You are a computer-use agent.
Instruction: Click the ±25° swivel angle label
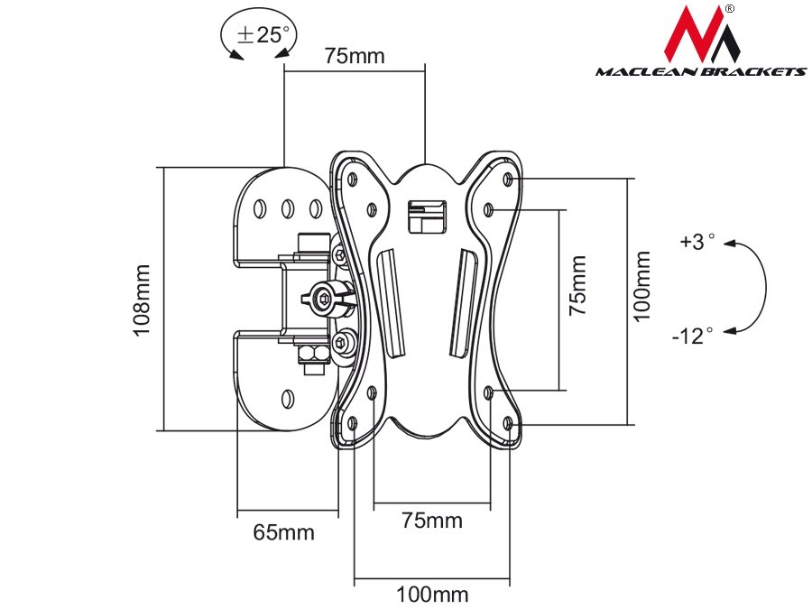(x=263, y=35)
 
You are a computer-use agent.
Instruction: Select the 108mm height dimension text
(x=143, y=300)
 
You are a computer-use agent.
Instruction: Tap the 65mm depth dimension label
(x=283, y=532)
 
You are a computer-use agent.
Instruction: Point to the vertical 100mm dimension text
(x=641, y=287)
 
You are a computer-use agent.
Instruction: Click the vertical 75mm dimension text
(x=577, y=285)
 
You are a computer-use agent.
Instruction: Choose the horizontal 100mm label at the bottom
(x=431, y=595)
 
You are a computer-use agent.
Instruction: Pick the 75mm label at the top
(x=355, y=56)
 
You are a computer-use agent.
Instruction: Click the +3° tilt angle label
(x=697, y=242)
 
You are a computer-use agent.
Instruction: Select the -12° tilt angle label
(x=692, y=336)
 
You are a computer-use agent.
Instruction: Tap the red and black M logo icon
(x=701, y=35)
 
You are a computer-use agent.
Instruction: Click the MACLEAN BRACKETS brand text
(x=700, y=71)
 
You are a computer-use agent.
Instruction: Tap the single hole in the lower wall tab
(x=287, y=398)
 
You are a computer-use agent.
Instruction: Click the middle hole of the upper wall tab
(x=287, y=208)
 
